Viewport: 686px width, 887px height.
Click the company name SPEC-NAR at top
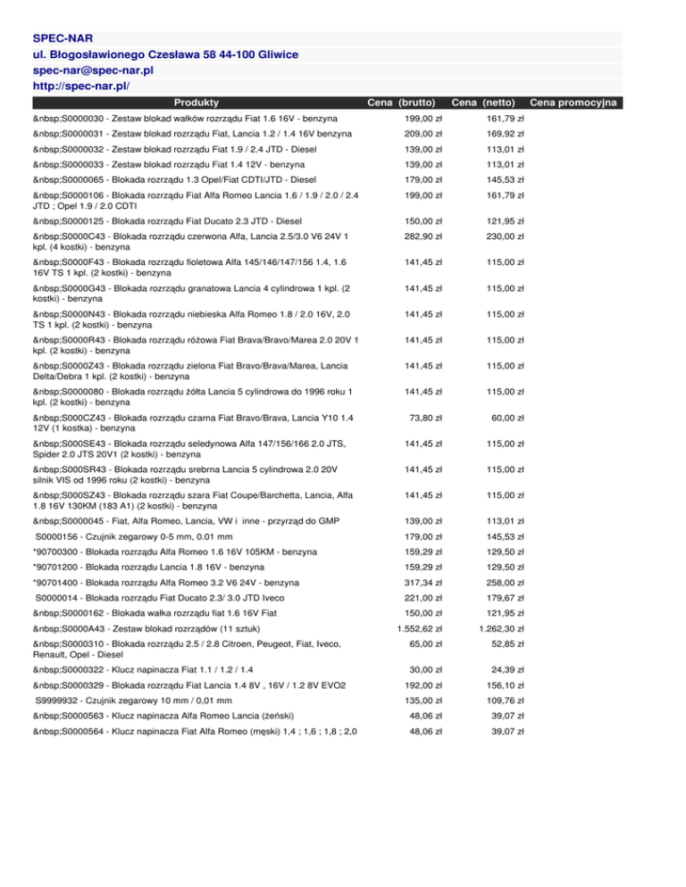(63, 39)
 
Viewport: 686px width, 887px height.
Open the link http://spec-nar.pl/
(81, 87)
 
